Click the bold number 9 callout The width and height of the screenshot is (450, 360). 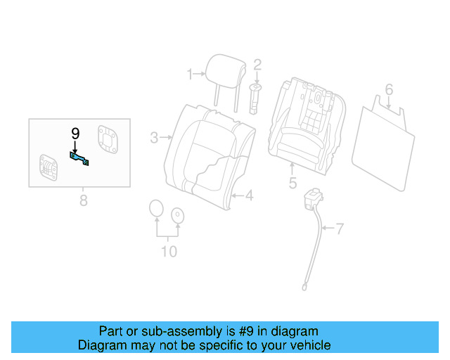pos(75,134)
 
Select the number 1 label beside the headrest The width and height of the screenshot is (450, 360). pos(189,74)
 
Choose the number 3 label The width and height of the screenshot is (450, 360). pos(154,138)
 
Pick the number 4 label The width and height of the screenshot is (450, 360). pos(248,195)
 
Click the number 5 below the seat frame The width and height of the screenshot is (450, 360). pos(292,184)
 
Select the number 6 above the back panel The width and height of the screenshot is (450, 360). pos(388,89)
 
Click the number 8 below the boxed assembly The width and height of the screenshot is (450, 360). pos(83,201)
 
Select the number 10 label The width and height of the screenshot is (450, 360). pos(169,252)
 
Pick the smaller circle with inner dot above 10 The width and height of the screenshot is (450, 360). pos(178,215)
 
